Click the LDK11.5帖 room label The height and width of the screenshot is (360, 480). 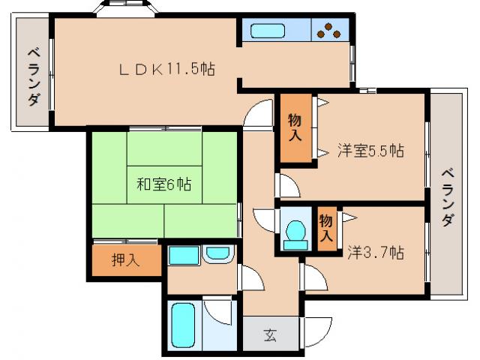pyautogui.click(x=167, y=69)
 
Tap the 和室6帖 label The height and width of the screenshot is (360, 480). pyautogui.click(x=163, y=184)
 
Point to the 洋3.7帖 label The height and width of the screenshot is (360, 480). pyautogui.click(x=375, y=252)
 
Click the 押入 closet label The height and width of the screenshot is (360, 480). pyautogui.click(x=125, y=261)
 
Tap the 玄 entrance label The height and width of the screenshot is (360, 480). pyautogui.click(x=269, y=335)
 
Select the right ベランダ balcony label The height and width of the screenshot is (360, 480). pyautogui.click(x=446, y=196)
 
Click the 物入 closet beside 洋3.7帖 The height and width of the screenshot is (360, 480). pyautogui.click(x=325, y=226)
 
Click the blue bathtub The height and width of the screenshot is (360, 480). pyautogui.click(x=183, y=325)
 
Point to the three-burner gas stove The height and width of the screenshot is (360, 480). pyautogui.click(x=328, y=31)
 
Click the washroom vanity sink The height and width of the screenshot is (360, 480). pyautogui.click(x=217, y=254)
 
